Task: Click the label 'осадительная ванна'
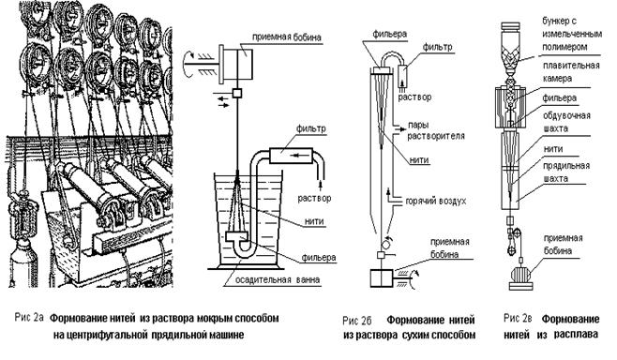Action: [278, 279]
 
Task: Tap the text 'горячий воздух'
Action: [436, 201]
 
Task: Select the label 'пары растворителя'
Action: [436, 130]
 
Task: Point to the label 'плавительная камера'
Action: [571, 71]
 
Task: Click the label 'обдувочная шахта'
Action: [566, 122]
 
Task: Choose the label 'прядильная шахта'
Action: [565, 172]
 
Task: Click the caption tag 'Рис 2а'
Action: [29, 317]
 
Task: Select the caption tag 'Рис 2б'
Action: [357, 321]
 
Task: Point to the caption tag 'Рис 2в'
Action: [518, 318]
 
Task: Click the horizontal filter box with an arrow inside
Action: [292, 156]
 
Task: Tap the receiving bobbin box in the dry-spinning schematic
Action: [382, 278]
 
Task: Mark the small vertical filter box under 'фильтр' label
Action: [404, 74]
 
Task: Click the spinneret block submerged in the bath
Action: [237, 237]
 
